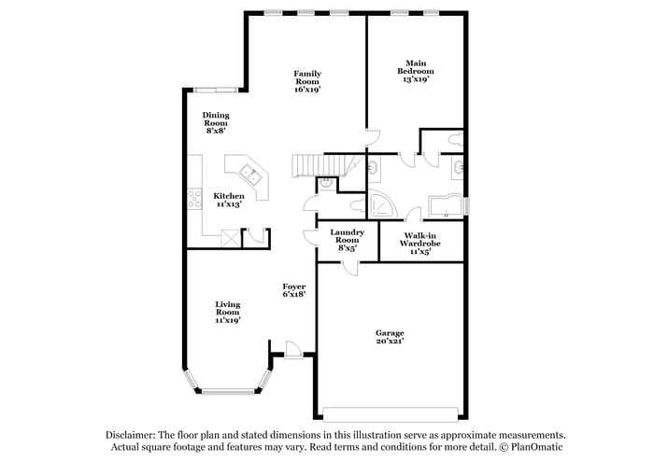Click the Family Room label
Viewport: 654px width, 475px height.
307,81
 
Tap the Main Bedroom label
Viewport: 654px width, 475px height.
415,72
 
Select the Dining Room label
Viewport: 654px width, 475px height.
216,123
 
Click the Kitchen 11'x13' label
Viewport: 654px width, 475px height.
228,200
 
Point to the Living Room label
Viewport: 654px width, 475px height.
228,312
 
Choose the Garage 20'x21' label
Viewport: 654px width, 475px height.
390,337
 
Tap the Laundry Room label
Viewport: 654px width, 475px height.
347,241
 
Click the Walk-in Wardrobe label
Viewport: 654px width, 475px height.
419,243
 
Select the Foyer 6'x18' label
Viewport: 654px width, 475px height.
294,290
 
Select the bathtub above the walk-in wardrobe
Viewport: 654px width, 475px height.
445,205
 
